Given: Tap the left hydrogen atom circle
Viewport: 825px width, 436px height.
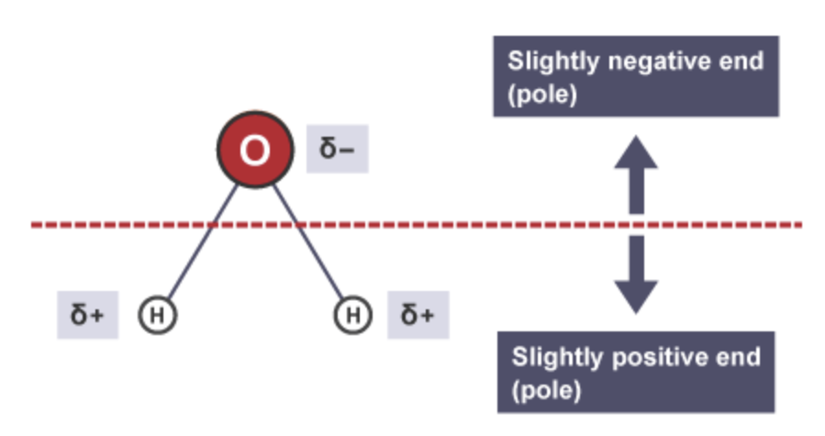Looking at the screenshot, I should [157, 316].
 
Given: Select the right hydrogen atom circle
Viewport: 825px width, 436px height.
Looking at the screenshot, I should [353, 316].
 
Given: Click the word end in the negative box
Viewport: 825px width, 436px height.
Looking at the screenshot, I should [741, 62].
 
